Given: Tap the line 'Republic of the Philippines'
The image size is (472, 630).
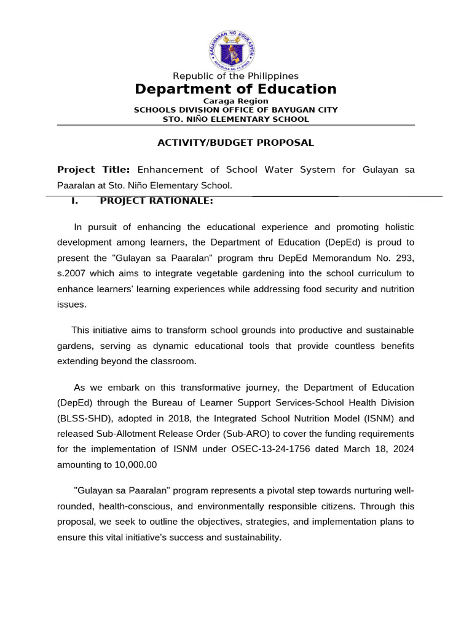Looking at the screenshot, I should pos(236,76).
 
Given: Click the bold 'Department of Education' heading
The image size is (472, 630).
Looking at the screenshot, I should pos(236,89).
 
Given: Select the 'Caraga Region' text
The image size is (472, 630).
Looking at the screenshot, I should pos(236,101).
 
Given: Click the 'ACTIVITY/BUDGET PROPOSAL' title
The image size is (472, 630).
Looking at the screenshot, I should pos(236,143).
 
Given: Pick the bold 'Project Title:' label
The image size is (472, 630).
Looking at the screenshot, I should pos(93,170).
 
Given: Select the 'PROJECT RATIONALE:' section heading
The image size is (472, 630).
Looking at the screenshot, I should pos(156,201).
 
